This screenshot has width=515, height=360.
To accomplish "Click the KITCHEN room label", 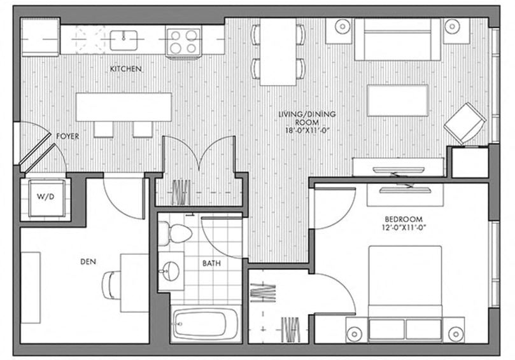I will [125, 69].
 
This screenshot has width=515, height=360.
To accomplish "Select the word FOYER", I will [67, 137].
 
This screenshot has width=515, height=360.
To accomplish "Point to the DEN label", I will [88, 261].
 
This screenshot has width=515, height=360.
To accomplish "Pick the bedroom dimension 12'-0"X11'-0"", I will [405, 226].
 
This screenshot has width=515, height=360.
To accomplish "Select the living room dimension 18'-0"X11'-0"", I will [306, 130].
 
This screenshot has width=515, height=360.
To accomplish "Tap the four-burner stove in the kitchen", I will [183, 41].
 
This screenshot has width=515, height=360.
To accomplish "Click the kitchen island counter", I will [123, 107].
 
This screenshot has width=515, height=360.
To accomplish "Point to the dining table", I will [278, 51].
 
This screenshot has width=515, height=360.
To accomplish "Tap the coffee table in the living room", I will [397, 100].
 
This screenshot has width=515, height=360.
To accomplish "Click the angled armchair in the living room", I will [464, 123].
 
